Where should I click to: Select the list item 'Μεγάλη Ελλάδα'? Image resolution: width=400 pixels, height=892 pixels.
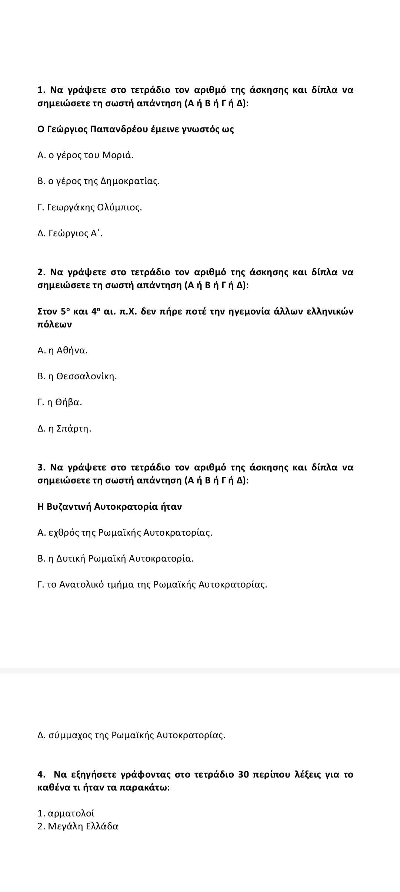pos(83,826)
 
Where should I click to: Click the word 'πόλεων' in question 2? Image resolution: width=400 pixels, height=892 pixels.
pos(55,324)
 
